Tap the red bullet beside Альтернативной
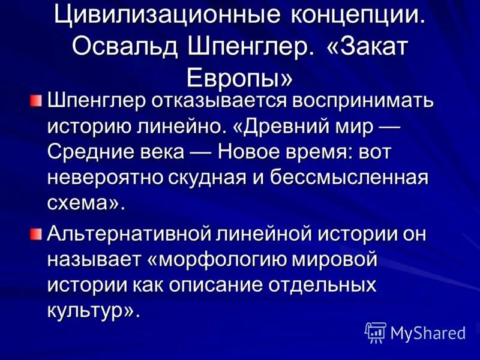37,233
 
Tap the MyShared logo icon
375,331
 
